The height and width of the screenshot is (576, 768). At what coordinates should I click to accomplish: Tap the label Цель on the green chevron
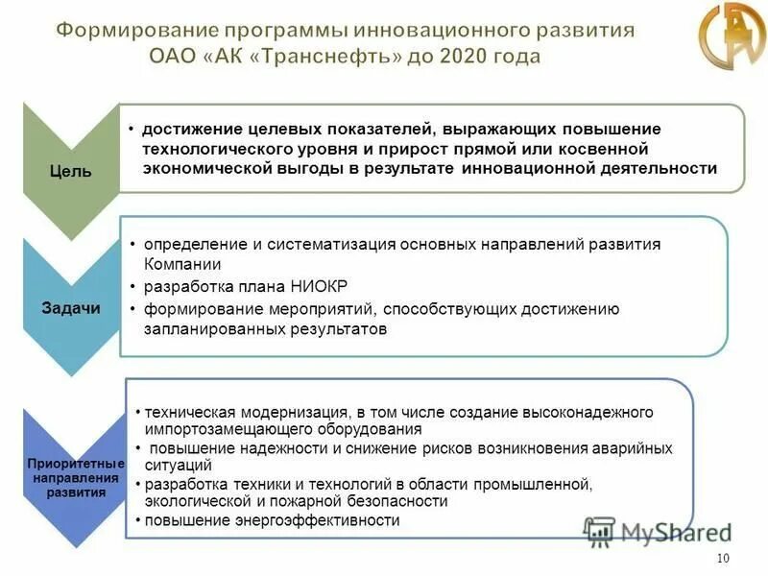71,172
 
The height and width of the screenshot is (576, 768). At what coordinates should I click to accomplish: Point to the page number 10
724,559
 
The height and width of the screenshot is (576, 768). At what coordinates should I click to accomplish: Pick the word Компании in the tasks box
183,263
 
